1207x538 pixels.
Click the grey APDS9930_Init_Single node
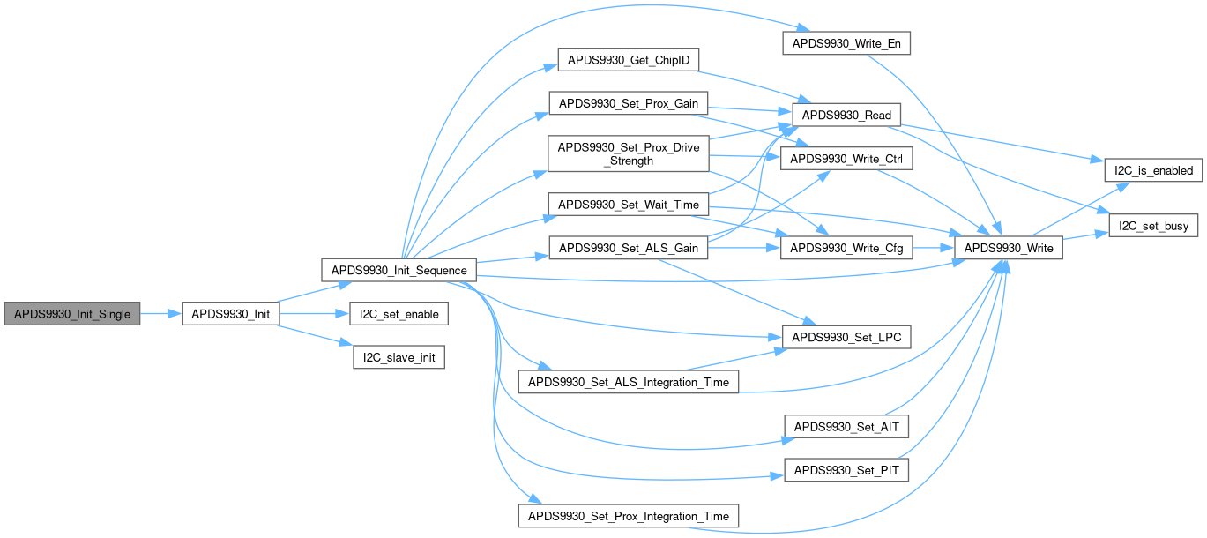(72, 314)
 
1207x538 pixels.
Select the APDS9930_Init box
(230, 314)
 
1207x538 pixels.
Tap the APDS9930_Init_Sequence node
(399, 269)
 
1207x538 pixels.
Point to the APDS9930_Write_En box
(846, 43)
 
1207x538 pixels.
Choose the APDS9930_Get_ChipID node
(629, 60)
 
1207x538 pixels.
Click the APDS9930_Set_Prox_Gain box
(629, 104)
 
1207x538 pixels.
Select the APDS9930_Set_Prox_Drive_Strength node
(629, 154)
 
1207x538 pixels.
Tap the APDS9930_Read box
(846, 115)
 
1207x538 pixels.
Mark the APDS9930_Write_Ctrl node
(846, 160)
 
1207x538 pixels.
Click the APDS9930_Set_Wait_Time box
(629, 205)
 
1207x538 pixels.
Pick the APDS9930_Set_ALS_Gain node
(629, 249)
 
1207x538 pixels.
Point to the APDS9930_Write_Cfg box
(846, 249)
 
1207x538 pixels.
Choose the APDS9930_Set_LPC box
(846, 338)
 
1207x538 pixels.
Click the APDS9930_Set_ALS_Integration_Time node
(629, 382)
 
